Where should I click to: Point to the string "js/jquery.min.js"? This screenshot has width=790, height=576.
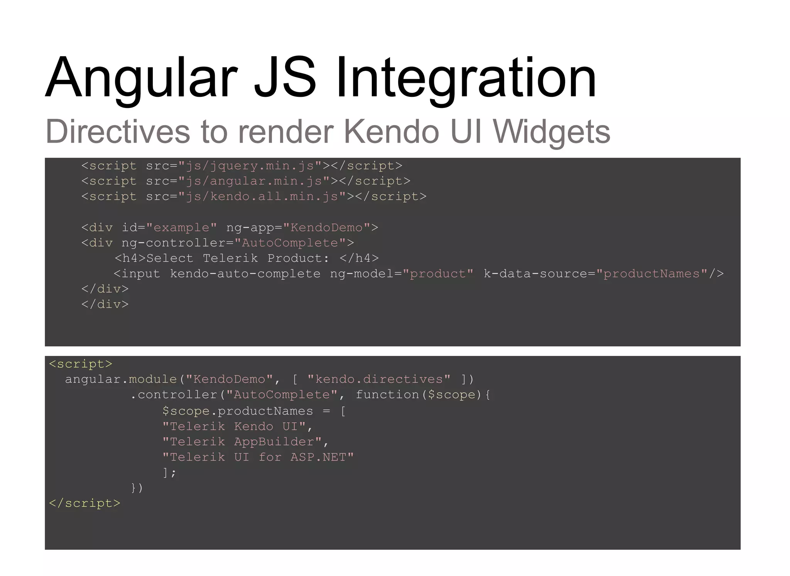click(x=250, y=166)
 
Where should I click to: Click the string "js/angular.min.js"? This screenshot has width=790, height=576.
click(x=254, y=181)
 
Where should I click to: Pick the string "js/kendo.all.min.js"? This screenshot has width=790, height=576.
click(x=262, y=197)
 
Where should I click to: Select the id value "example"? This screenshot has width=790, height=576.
click(x=181, y=227)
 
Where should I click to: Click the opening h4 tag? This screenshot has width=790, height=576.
click(x=130, y=258)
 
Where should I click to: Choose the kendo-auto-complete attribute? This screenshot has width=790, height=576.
click(x=245, y=274)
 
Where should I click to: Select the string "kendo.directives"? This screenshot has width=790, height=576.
click(x=379, y=379)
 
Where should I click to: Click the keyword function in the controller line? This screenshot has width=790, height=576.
click(x=387, y=395)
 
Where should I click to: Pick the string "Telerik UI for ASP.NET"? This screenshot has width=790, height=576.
click(x=258, y=457)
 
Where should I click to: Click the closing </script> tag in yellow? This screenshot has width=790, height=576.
click(x=84, y=504)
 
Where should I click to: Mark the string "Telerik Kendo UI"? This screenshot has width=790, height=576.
click(x=234, y=426)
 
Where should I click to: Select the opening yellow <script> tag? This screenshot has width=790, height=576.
click(x=81, y=364)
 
